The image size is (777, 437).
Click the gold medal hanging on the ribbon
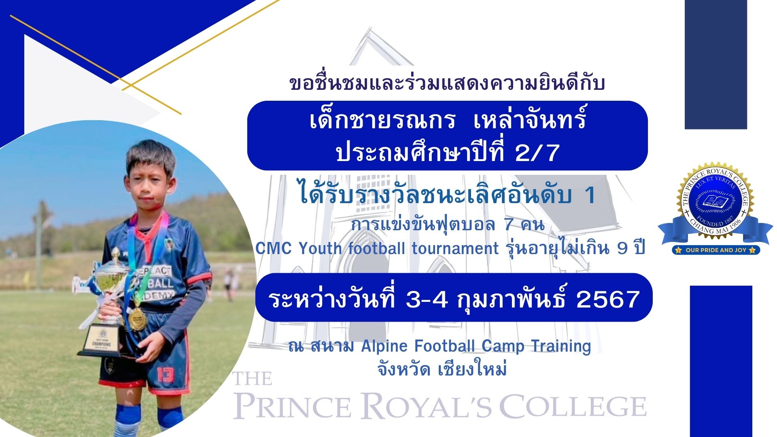pos(137,319)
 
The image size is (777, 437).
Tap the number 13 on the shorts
pos(166,375)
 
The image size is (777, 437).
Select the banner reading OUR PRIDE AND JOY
pos(716,250)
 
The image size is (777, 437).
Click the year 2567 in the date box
pos(607,299)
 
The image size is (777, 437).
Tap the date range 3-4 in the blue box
pos(427,299)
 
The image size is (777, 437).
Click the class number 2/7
pos(538,153)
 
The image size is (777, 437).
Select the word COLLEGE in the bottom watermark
pos(573,406)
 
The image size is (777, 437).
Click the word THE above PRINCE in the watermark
pos(252,379)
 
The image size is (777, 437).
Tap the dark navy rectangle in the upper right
pos(715,64)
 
